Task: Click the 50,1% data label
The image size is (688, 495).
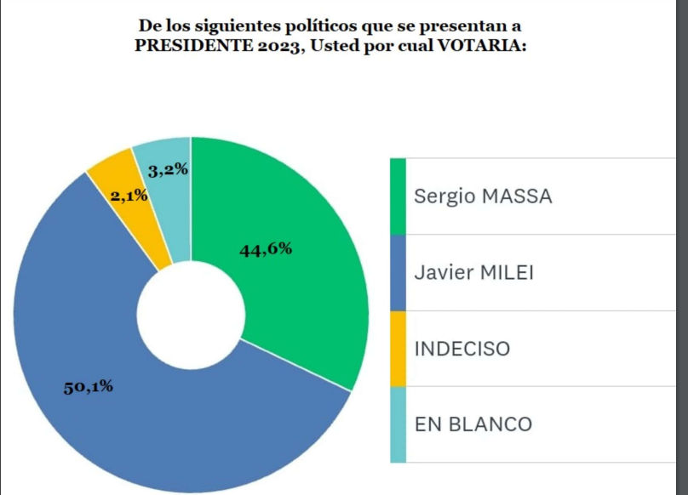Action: point(88,387)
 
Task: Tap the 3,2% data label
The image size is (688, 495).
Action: point(168,170)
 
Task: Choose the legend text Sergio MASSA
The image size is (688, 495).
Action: point(483,196)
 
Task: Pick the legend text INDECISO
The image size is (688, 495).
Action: point(462,349)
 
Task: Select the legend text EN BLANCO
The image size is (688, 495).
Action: point(473,424)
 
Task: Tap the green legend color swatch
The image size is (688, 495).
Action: point(398,196)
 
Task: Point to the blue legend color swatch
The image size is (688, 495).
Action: point(398,272)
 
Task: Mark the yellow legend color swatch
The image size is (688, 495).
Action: point(398,349)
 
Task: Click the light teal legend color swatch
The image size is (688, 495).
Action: point(398,424)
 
